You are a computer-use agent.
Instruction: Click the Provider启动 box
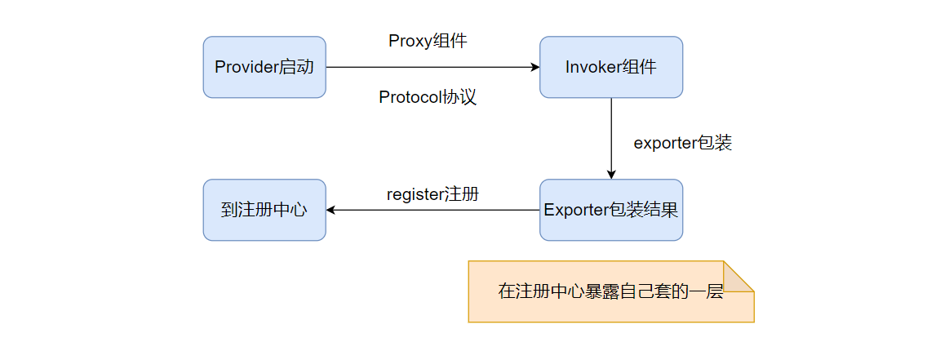(264, 67)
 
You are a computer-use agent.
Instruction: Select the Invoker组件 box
(610, 67)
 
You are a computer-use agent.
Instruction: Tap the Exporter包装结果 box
(610, 210)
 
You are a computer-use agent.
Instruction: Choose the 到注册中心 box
(264, 210)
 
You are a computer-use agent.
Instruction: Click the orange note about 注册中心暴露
(610, 291)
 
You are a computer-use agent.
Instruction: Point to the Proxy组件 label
(428, 41)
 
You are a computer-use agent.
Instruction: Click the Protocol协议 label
(428, 97)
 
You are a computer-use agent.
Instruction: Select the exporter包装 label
(682, 142)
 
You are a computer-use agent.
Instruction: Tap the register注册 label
(432, 194)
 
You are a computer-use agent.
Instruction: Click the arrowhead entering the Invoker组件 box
(535, 67)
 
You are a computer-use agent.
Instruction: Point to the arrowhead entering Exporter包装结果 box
(611, 174)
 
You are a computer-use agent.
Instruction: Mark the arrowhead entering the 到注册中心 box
(331, 210)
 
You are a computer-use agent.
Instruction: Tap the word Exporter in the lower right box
(576, 210)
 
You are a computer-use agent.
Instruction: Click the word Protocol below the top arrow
(410, 97)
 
